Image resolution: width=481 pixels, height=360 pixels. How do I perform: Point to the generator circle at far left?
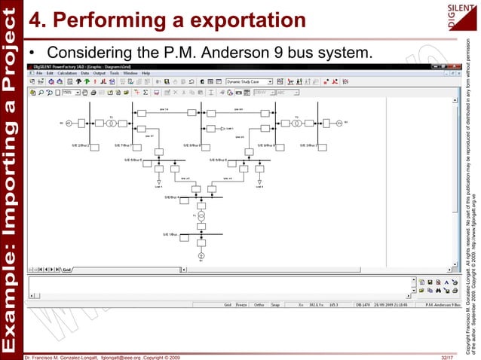pos(68,122)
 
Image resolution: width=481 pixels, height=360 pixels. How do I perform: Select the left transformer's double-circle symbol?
pos(109,122)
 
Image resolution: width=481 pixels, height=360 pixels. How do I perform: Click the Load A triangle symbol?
pos(158,182)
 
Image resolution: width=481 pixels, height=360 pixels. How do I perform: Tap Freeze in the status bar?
pos(243,304)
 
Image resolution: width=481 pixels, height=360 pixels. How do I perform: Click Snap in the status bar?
pos(277,304)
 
